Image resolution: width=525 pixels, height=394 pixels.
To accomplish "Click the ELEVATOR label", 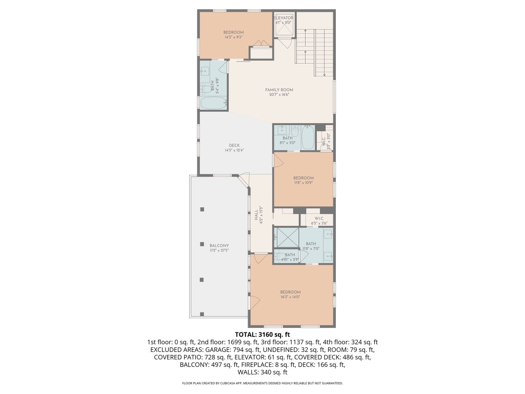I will point(283,18).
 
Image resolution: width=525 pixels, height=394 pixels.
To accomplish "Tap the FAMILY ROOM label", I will point(279,90).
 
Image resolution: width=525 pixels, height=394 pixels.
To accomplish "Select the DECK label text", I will point(234,145).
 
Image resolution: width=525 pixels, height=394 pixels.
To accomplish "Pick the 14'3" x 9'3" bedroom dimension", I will point(233,37).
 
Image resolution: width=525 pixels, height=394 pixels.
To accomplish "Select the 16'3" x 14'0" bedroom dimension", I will point(290,297).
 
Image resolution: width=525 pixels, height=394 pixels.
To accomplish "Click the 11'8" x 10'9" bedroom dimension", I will point(304,183).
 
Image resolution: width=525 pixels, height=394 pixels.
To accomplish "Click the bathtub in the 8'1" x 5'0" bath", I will point(308,138).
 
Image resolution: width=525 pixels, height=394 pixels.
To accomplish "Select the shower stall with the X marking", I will point(286,237).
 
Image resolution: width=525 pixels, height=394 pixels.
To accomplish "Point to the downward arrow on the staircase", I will point(324,74).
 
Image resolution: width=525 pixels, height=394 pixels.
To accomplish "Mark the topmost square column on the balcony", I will point(202,209).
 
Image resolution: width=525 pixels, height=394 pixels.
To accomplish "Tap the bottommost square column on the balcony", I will point(202,314).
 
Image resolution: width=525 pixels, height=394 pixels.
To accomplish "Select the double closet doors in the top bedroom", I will point(262,45).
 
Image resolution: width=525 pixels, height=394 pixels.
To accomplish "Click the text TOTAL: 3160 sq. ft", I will point(262,334).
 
